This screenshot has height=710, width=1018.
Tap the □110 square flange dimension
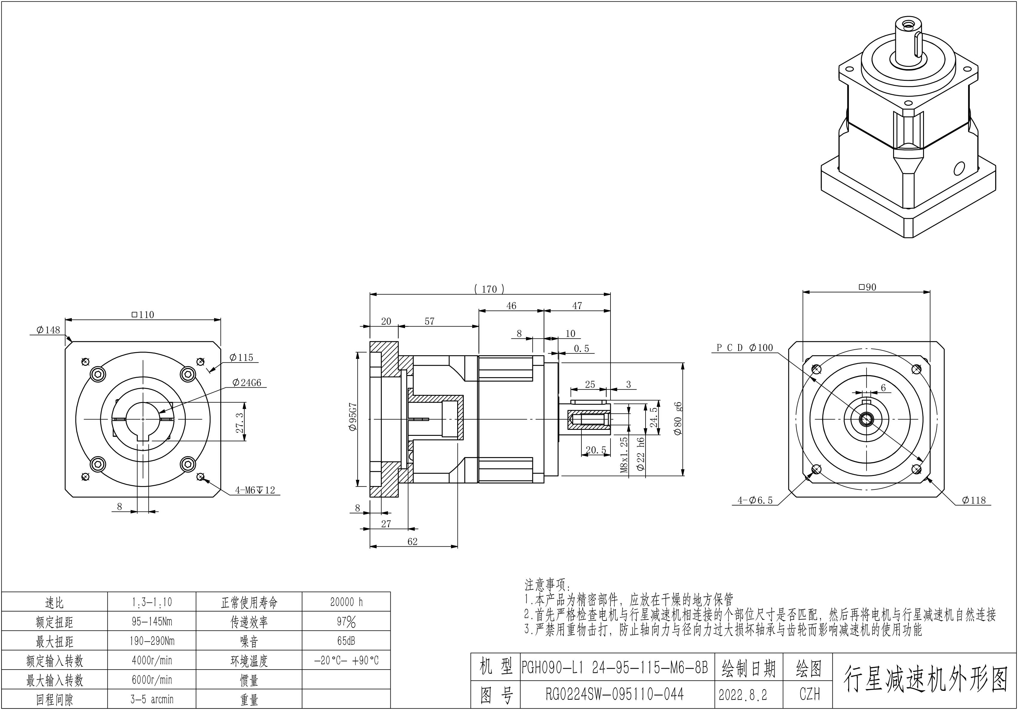point(143,315)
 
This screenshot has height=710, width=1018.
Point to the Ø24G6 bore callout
point(247,383)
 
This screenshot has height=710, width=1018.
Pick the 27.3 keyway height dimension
point(240,423)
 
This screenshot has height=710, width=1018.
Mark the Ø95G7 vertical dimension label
point(352,417)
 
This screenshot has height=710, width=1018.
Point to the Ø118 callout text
point(974,500)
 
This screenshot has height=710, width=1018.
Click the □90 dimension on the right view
point(867,287)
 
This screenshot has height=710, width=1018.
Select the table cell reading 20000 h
point(346,602)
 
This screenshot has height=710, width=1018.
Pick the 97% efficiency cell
point(346,622)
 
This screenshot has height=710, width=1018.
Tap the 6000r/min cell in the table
point(152,680)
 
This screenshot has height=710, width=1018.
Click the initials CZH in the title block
point(809,694)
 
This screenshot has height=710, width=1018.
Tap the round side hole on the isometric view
point(959,169)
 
